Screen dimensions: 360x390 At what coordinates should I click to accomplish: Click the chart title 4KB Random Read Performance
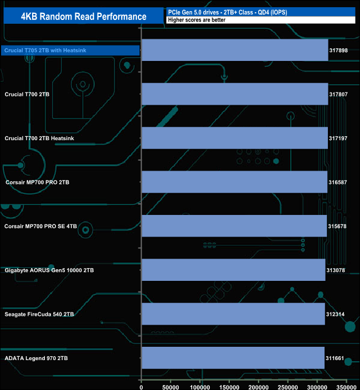(84, 17)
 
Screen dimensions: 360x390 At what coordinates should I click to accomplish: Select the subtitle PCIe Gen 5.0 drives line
(228, 12)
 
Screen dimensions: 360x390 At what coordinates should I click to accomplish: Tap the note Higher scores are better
(197, 20)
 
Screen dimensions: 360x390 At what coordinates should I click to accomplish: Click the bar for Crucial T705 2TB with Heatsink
(235, 50)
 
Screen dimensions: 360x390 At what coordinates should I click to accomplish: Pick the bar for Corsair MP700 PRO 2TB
(235, 182)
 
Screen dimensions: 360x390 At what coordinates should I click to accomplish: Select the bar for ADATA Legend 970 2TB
(233, 358)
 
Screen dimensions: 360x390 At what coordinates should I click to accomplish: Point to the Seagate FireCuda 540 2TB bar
(234, 314)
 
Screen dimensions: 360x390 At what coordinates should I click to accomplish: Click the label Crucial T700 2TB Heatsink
(39, 138)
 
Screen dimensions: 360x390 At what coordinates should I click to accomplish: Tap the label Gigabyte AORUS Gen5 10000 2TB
(49, 270)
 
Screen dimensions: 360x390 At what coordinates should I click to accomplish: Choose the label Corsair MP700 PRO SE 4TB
(40, 227)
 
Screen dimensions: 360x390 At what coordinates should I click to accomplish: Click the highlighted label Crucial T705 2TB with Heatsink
(45, 50)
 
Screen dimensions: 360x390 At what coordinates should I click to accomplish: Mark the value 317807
(338, 94)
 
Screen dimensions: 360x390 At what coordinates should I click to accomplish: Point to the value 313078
(336, 270)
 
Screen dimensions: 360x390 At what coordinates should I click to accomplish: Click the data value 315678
(337, 226)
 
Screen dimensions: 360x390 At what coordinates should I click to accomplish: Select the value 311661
(335, 358)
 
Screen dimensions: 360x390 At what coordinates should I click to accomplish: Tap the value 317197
(338, 138)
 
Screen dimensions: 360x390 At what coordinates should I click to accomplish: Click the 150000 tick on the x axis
(229, 387)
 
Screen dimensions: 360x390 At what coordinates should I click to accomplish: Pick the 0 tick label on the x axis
(141, 387)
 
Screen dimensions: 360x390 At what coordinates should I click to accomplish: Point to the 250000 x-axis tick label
(288, 387)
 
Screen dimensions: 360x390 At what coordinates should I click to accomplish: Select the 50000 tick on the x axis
(171, 387)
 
